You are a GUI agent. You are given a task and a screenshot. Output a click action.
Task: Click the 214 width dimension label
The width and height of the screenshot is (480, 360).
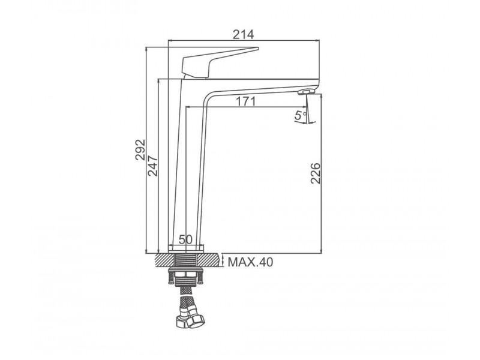(x=244, y=34)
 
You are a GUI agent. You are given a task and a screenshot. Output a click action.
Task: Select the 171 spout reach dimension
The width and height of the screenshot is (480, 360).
(x=245, y=101)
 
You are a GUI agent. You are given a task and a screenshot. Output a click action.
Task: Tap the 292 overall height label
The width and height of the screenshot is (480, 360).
(x=140, y=149)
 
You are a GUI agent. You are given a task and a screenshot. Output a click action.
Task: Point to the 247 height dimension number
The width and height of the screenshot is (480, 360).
(x=152, y=166)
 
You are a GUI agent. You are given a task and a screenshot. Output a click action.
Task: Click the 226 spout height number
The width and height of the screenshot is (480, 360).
(x=316, y=173)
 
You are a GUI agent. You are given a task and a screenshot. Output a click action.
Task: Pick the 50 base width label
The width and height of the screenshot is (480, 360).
(x=185, y=239)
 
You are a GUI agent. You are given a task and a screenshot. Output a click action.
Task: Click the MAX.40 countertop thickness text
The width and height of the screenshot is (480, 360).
(x=250, y=262)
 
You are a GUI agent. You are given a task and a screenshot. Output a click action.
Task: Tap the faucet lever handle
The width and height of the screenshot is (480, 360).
(x=220, y=62)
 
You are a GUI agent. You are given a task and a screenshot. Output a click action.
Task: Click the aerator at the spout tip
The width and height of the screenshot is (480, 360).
(x=306, y=92)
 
